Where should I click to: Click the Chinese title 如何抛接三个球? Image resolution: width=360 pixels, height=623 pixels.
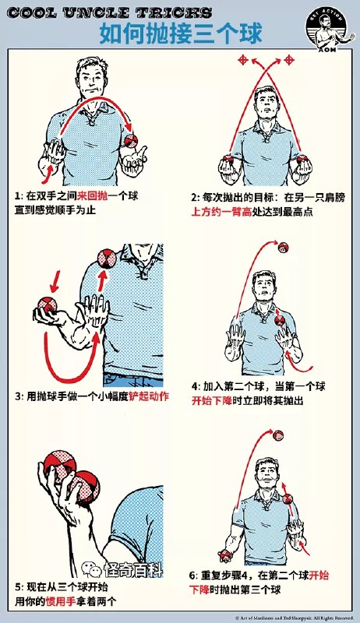tap(180, 33)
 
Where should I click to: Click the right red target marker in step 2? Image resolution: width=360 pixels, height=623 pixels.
tap(289, 59)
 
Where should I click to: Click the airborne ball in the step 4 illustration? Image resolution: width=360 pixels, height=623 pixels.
tap(283, 248)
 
